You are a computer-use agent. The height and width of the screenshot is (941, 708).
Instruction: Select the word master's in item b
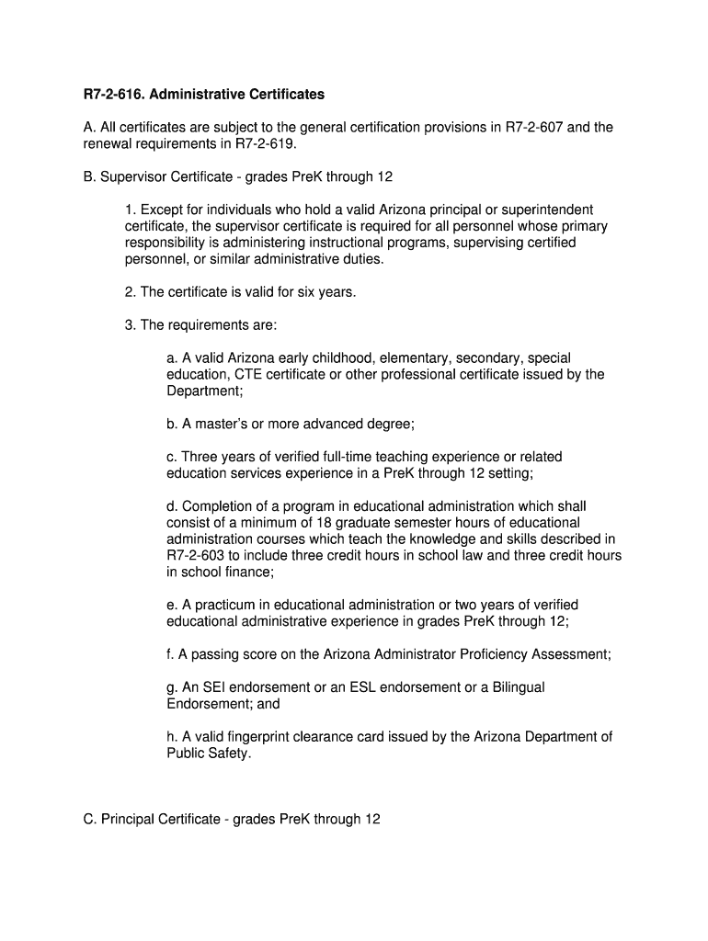pyautogui.click(x=222, y=424)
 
